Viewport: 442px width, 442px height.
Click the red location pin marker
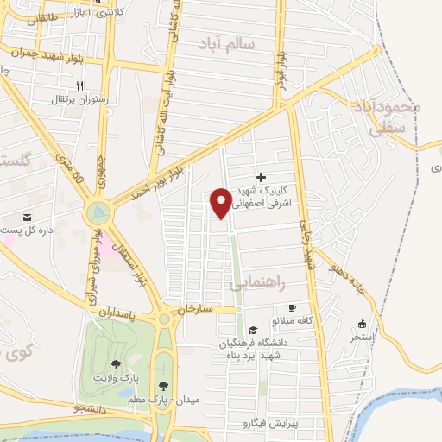221,203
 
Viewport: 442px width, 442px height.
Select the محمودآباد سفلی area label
387,117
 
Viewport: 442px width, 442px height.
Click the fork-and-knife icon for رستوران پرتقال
79,85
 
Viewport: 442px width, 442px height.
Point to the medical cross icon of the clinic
262,176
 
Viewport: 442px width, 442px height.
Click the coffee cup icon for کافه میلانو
292,308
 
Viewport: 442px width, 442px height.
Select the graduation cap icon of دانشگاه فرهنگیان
253,330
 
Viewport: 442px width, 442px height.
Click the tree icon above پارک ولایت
117,364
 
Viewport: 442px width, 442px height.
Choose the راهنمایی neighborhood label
256,283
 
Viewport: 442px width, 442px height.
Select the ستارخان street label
193,306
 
